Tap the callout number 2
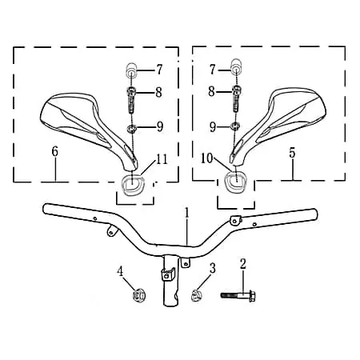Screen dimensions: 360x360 (243, 263)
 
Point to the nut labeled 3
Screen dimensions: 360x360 (196, 296)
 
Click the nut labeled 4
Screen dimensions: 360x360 (138, 296)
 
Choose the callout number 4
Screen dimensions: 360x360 (120, 272)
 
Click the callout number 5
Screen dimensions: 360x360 (292, 153)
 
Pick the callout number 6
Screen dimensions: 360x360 (54, 151)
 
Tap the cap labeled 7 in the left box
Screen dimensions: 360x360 (131, 70)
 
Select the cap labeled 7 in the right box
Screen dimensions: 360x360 (236, 66)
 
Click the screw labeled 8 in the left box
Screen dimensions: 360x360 (130, 101)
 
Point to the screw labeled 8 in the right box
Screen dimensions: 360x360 (236, 98)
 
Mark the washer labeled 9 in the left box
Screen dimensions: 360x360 (132, 128)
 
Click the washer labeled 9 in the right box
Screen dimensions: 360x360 (234, 126)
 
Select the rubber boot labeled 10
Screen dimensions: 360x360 (236, 182)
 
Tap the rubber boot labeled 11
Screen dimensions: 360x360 (133, 184)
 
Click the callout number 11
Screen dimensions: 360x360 (162, 159)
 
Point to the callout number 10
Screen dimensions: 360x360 (207, 158)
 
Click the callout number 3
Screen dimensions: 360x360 (212, 268)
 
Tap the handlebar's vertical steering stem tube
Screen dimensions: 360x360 (170, 280)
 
